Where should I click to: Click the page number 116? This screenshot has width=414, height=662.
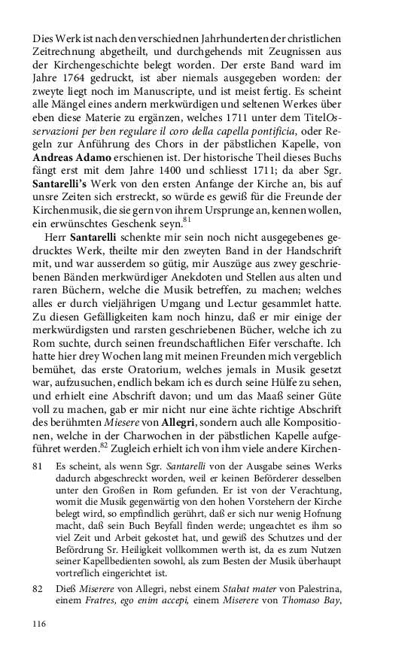pos(40,624)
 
